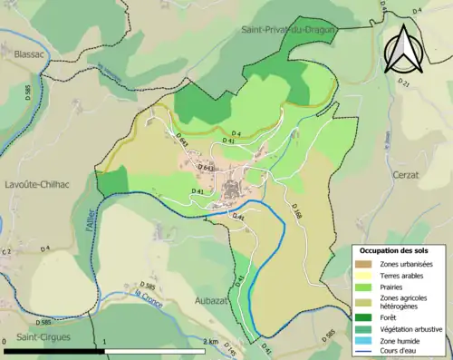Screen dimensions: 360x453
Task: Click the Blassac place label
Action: click(x=32, y=54)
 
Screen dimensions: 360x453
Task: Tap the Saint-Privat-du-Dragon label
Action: click(x=288, y=30)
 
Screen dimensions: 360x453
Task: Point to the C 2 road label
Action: click(x=7, y=251)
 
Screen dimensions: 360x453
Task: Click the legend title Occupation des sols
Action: click(x=394, y=250)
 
